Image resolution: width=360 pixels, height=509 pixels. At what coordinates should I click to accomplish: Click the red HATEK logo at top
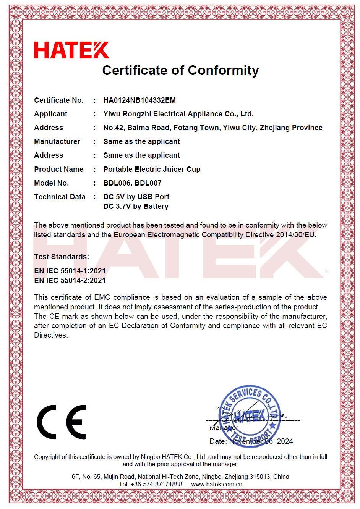71,50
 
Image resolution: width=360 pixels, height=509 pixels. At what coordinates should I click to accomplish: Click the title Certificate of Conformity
180,71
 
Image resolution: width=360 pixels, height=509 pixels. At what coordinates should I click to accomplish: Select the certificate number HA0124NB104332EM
139,100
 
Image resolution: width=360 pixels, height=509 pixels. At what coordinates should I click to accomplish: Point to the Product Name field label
58,169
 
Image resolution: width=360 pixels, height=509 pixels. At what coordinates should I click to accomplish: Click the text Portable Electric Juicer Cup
152,169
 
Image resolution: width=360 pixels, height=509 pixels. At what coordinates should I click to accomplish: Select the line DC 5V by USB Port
136,197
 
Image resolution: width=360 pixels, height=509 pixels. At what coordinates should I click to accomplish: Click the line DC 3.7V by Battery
136,207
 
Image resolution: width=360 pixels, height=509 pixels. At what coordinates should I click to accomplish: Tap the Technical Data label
60,197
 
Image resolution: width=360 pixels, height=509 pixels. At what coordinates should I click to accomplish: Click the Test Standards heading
61,257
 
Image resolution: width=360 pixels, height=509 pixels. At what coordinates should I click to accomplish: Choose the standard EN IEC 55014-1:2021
70,271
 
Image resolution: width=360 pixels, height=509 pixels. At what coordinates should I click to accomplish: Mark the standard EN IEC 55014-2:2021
70,281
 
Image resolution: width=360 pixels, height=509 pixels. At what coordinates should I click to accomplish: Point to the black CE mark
62,422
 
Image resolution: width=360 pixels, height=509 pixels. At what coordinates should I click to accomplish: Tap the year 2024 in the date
285,441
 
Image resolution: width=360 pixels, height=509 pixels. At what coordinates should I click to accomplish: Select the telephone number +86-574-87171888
156,485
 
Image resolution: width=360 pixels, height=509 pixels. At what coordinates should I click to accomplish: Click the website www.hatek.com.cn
217,485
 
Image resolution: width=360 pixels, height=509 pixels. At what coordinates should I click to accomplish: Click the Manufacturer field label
57,142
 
